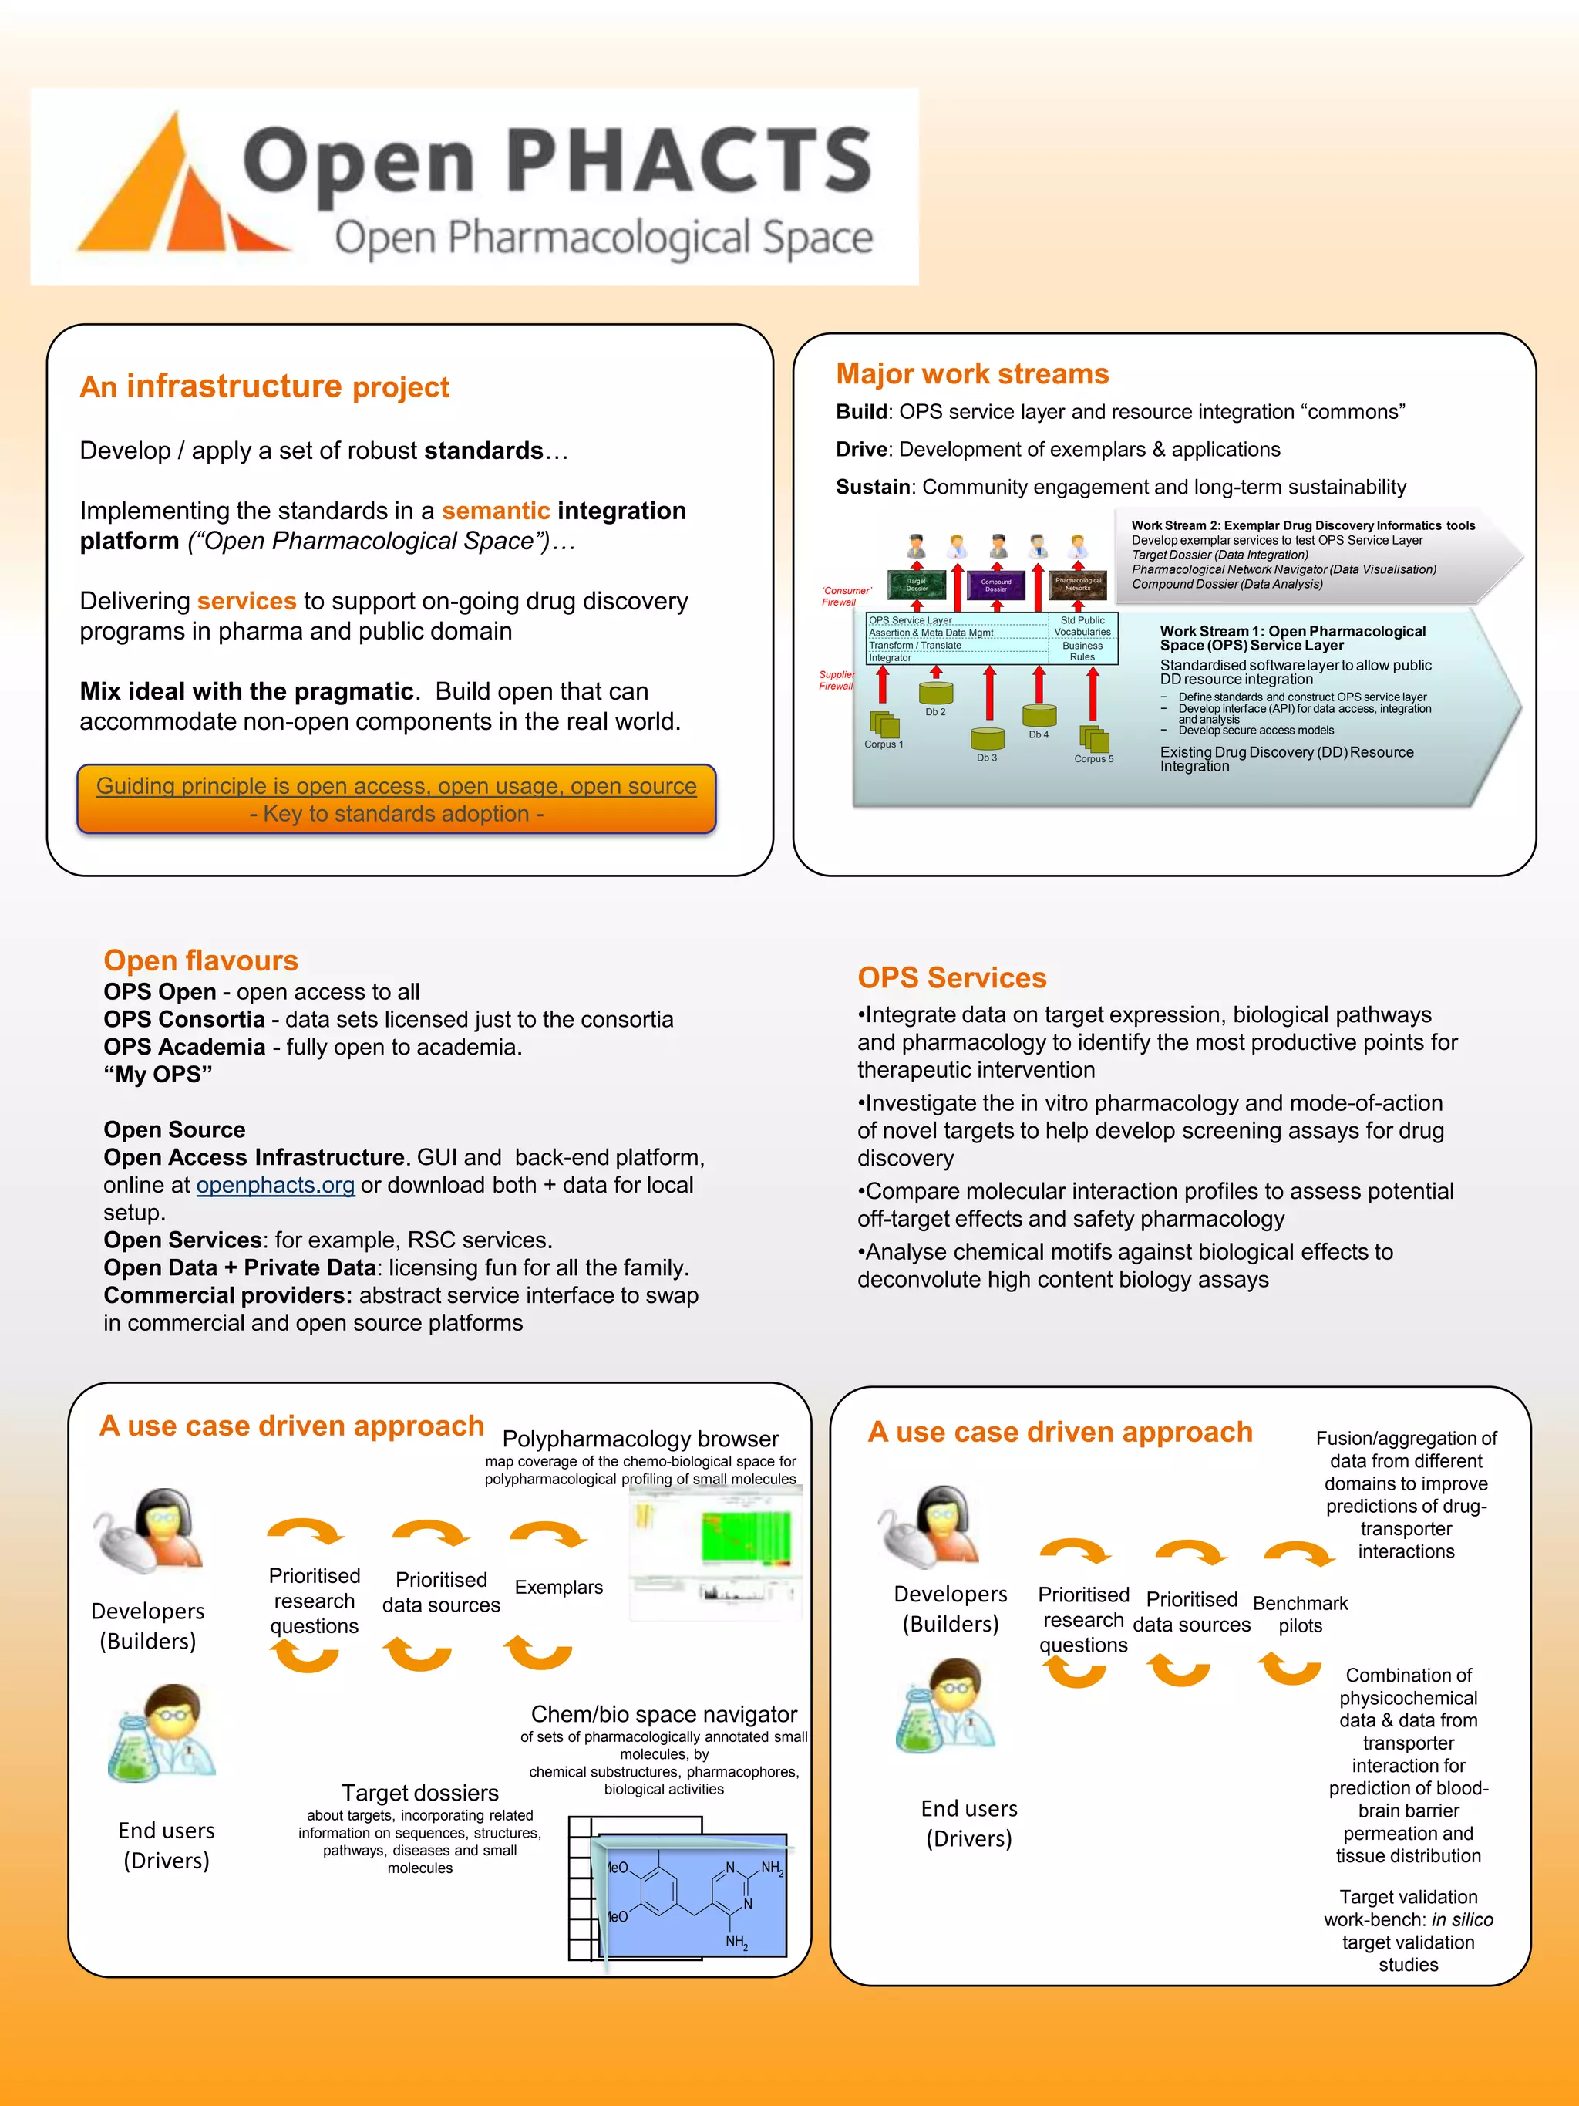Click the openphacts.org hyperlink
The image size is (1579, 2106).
(x=275, y=1186)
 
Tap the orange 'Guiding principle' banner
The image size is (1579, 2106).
(x=396, y=800)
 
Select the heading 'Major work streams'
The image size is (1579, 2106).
(x=971, y=374)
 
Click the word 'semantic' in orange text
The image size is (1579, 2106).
(x=496, y=511)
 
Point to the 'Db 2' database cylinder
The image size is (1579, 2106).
(x=935, y=693)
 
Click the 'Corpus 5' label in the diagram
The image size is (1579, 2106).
(x=1093, y=759)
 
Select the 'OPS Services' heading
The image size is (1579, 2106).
(x=951, y=978)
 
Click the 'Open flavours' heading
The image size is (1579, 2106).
(x=200, y=960)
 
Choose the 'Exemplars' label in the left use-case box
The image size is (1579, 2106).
(x=559, y=1587)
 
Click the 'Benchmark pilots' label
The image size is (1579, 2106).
(x=1300, y=1615)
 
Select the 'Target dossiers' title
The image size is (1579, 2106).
(x=419, y=1793)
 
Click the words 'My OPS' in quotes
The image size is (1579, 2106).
(x=158, y=1075)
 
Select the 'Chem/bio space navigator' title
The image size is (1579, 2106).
(x=663, y=1715)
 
